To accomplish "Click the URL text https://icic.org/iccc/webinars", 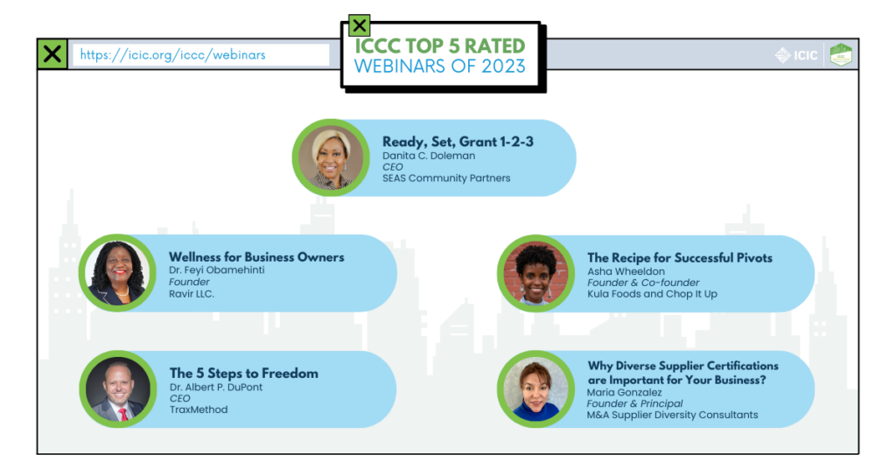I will point(172,54).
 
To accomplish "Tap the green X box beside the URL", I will point(52,54).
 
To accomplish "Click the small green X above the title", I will point(359,26).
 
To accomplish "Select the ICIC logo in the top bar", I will point(797,55).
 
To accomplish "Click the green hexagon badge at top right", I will point(841,54).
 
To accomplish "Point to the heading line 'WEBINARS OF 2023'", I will point(440,66).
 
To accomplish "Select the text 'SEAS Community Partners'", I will point(446,178).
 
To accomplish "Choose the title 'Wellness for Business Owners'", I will point(256,257).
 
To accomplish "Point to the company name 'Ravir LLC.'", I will point(192,294).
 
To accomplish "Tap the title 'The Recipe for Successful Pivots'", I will point(680,258).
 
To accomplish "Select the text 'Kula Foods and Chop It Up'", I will point(652,294).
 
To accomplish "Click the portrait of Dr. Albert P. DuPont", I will point(117,389).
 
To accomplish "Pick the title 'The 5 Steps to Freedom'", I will point(243,374).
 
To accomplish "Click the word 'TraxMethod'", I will point(199,409).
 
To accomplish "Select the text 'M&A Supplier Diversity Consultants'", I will point(672,415).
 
